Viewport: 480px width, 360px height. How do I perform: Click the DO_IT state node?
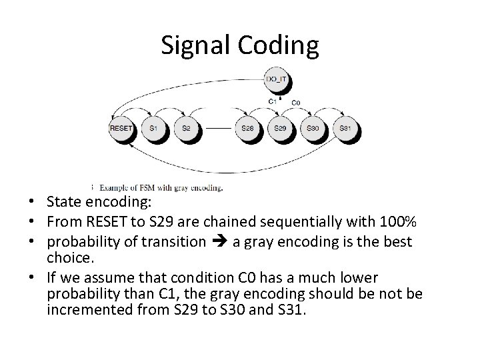coord(276,79)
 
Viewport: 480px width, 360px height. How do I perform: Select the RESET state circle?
coord(121,127)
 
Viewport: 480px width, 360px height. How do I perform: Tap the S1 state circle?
coord(154,127)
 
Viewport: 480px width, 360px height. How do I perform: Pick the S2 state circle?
coord(186,127)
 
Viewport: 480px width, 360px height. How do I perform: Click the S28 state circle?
coord(248,127)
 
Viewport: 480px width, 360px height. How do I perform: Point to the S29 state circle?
coord(280,127)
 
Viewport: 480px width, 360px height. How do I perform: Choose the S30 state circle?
coord(312,127)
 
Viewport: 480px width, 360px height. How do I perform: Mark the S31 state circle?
coord(345,127)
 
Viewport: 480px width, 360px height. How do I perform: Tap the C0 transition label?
coord(296,102)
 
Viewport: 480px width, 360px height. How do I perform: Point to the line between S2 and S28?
coord(217,127)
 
